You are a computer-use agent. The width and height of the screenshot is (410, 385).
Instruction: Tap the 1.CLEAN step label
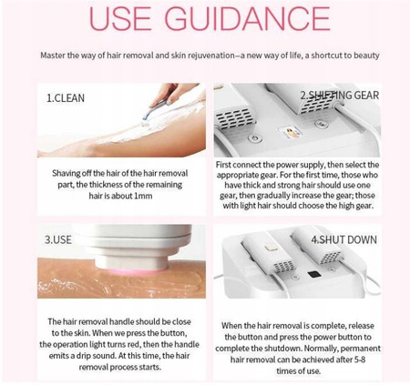[x=66, y=98]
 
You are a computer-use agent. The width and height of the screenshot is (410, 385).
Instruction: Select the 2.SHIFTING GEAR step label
[x=340, y=96]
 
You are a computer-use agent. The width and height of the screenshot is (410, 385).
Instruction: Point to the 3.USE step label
[x=58, y=239]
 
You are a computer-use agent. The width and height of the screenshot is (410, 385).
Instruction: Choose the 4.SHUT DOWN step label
[x=343, y=239]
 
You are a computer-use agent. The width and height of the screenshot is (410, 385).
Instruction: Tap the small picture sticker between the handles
[x=290, y=132]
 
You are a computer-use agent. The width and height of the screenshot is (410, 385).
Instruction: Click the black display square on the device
[x=314, y=275]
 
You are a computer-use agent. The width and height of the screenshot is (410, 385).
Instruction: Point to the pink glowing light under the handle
[x=130, y=270]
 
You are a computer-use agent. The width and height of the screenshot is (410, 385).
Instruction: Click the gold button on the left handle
[x=269, y=248]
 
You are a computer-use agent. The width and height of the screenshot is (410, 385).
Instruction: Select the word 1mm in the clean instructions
[x=143, y=196]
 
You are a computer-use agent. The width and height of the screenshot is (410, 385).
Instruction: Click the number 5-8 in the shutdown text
[x=360, y=360]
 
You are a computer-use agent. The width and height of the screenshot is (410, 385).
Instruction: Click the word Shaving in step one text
[x=63, y=174]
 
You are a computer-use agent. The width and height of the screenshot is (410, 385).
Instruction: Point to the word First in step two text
[x=223, y=165]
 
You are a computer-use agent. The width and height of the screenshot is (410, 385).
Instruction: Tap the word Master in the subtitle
[x=53, y=56]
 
